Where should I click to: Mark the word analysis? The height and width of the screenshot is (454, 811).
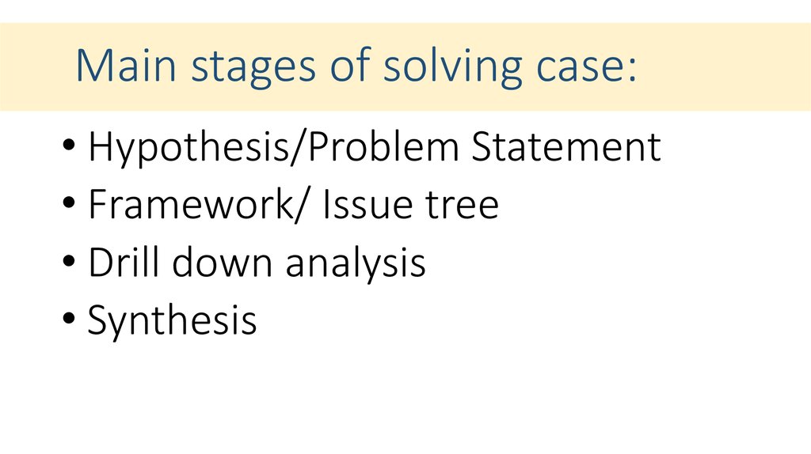[356, 263]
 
